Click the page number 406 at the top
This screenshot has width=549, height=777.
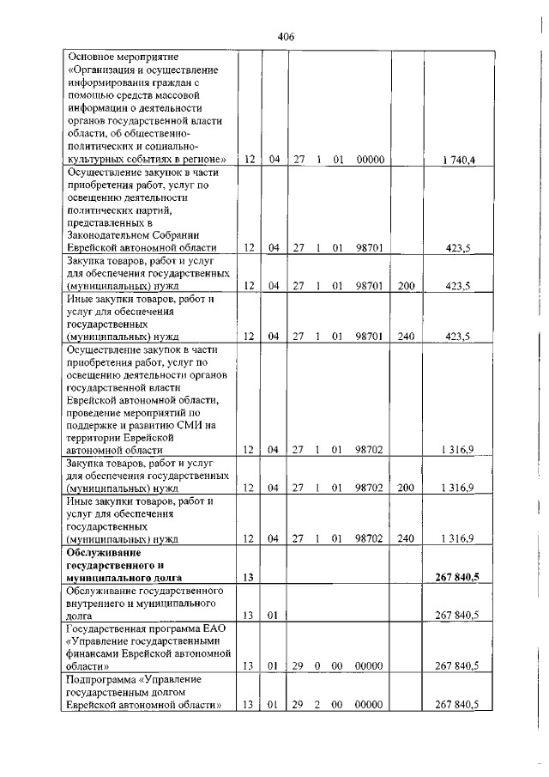tap(287, 37)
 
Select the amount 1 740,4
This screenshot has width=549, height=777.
tap(455, 160)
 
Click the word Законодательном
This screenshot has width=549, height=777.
tap(106, 234)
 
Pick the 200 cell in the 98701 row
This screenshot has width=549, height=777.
tap(406, 286)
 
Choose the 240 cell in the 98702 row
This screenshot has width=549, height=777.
tap(406, 539)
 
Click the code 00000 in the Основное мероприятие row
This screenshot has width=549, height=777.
tap(368, 160)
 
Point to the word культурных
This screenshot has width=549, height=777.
tap(96, 159)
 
